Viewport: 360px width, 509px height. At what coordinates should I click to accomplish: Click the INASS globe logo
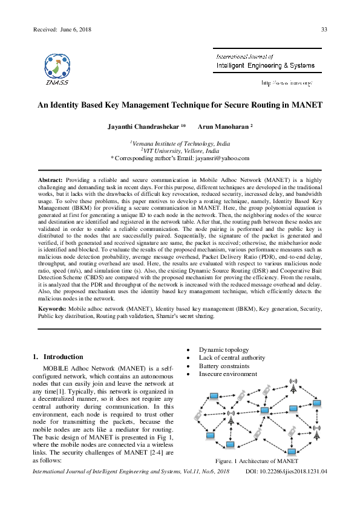click(x=56, y=65)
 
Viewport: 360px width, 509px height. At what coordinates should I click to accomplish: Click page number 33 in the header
click(x=324, y=30)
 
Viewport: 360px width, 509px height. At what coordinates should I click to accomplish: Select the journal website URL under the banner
click(x=286, y=82)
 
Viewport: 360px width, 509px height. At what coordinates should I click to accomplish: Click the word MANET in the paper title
click(x=304, y=105)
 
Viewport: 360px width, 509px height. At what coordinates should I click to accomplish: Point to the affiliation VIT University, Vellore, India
click(x=180, y=151)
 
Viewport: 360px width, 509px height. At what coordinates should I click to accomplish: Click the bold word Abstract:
click(x=50, y=181)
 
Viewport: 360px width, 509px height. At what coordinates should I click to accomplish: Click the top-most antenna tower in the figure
click(x=293, y=384)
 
